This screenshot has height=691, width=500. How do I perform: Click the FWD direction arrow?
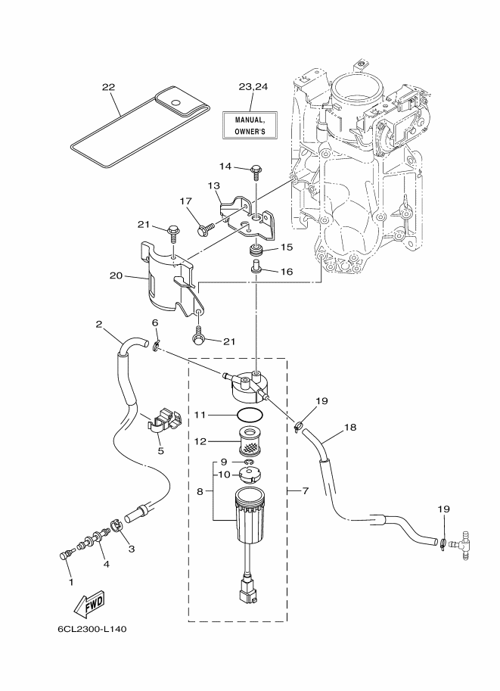pyautogui.click(x=89, y=603)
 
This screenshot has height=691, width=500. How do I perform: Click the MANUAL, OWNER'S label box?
pyautogui.click(x=250, y=126)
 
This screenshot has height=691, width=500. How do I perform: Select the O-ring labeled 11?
pyautogui.click(x=250, y=415)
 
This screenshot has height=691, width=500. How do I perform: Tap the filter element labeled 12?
pyautogui.click(x=250, y=441)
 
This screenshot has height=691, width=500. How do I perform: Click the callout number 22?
pyautogui.click(x=108, y=87)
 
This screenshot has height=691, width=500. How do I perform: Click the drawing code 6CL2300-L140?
pyautogui.click(x=92, y=629)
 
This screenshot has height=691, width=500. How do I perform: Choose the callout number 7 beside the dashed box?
pyautogui.click(x=306, y=490)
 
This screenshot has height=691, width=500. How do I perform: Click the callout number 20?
pyautogui.click(x=116, y=276)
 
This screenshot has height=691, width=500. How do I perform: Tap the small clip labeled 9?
pyautogui.click(x=249, y=462)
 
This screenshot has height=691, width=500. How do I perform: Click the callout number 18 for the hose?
pyautogui.click(x=350, y=427)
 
